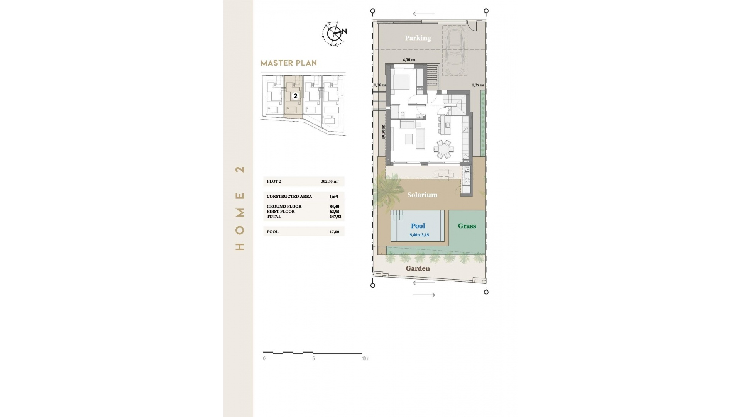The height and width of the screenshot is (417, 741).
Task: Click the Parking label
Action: [418, 38]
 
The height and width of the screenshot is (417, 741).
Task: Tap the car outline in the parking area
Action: [454, 49]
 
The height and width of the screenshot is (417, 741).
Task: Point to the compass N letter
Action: [344, 31]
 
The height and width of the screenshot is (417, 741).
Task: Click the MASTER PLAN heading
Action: [289, 63]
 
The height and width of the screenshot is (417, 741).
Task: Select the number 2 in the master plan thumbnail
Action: [296, 96]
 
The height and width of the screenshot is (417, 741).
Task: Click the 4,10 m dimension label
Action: [409, 60]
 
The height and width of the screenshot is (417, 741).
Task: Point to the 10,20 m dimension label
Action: [383, 132]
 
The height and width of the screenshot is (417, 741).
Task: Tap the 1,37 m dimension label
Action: [478, 85]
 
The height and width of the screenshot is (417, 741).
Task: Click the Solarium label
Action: [422, 195]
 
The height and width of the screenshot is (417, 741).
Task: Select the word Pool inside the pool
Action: [418, 226]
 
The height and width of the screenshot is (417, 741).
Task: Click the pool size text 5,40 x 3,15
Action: [419, 235]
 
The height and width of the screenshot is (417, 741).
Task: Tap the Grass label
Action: [467, 226]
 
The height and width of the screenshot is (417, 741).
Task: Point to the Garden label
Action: [418, 268]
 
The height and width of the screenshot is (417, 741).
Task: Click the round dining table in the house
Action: [443, 149]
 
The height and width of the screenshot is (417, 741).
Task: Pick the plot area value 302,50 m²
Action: [330, 181]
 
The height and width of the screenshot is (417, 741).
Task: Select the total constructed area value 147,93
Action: [335, 217]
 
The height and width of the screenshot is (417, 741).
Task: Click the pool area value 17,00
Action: [334, 232]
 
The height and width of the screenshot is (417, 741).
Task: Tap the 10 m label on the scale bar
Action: [365, 359]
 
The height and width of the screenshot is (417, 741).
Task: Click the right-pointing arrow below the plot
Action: [424, 295]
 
